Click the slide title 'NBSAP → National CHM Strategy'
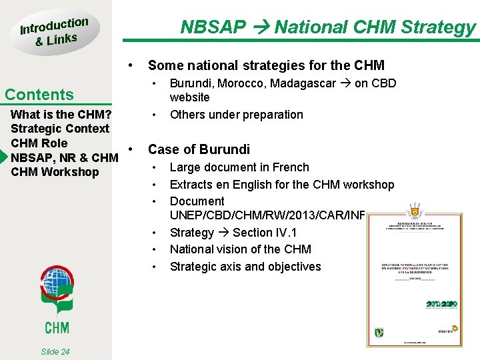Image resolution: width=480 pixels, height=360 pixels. point(329,27)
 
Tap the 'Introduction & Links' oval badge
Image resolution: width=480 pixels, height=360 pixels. point(54,32)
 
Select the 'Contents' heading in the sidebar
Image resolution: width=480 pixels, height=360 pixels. point(39,95)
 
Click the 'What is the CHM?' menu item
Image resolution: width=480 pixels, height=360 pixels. point(61,114)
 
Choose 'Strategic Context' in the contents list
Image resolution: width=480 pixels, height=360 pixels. point(60,129)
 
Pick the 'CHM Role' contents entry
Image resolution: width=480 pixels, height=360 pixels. point(39,143)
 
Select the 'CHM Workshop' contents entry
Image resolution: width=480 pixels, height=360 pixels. point(55,172)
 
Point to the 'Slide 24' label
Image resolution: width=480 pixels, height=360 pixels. point(55,351)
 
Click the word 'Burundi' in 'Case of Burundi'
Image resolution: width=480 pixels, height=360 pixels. point(224,149)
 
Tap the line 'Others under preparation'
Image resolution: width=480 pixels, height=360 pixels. point(236,115)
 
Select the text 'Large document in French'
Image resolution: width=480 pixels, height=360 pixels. point(239,167)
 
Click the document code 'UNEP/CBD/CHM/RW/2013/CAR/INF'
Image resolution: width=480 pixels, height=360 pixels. point(267,215)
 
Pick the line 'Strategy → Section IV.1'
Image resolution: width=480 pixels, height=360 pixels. point(233,233)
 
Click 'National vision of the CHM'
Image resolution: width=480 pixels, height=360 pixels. point(240,249)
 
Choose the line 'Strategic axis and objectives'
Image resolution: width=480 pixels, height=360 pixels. point(245,267)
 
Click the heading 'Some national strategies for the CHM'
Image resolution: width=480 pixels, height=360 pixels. point(266,65)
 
